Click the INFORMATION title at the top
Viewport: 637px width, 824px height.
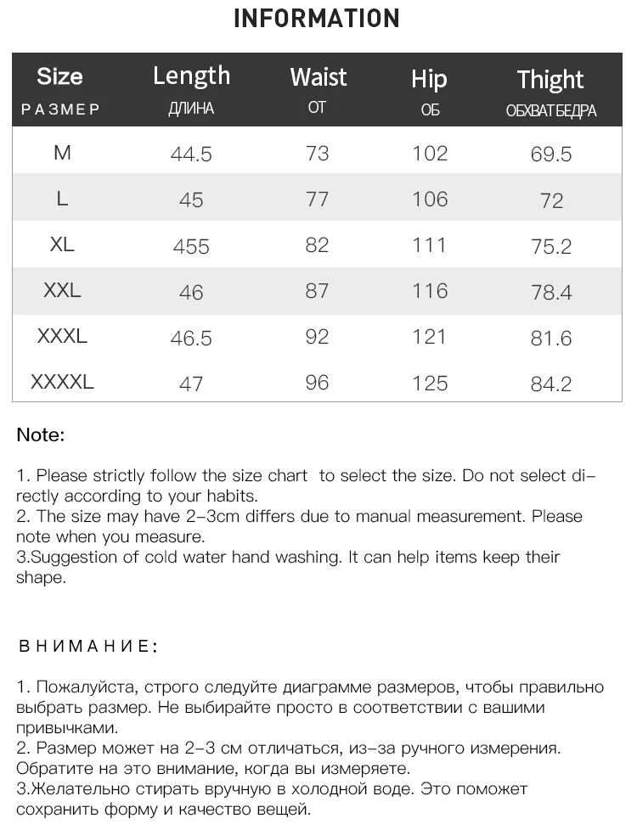(x=316, y=19)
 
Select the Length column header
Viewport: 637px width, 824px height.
(x=191, y=76)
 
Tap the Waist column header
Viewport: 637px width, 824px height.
(x=318, y=77)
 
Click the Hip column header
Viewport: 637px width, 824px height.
(x=429, y=79)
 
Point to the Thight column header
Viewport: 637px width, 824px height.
(x=550, y=80)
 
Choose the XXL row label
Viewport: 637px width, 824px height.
(x=62, y=290)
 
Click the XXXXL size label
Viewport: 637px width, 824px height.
(x=62, y=382)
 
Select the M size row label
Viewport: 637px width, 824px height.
(x=62, y=153)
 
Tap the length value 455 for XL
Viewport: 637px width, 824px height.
(x=191, y=246)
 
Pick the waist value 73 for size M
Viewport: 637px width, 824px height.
(x=317, y=154)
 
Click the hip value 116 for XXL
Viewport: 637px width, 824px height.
(x=430, y=291)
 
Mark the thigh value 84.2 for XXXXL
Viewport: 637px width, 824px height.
(x=551, y=384)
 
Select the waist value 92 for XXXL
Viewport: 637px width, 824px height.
(x=317, y=337)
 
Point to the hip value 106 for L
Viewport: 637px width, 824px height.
(x=430, y=199)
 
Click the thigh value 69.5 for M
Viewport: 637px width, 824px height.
(x=551, y=154)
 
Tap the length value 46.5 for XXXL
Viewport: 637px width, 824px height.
(x=191, y=338)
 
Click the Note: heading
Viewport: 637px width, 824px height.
(x=40, y=435)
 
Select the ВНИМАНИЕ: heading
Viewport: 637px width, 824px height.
(x=88, y=647)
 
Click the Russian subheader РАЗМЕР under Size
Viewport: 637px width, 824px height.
(x=60, y=109)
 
